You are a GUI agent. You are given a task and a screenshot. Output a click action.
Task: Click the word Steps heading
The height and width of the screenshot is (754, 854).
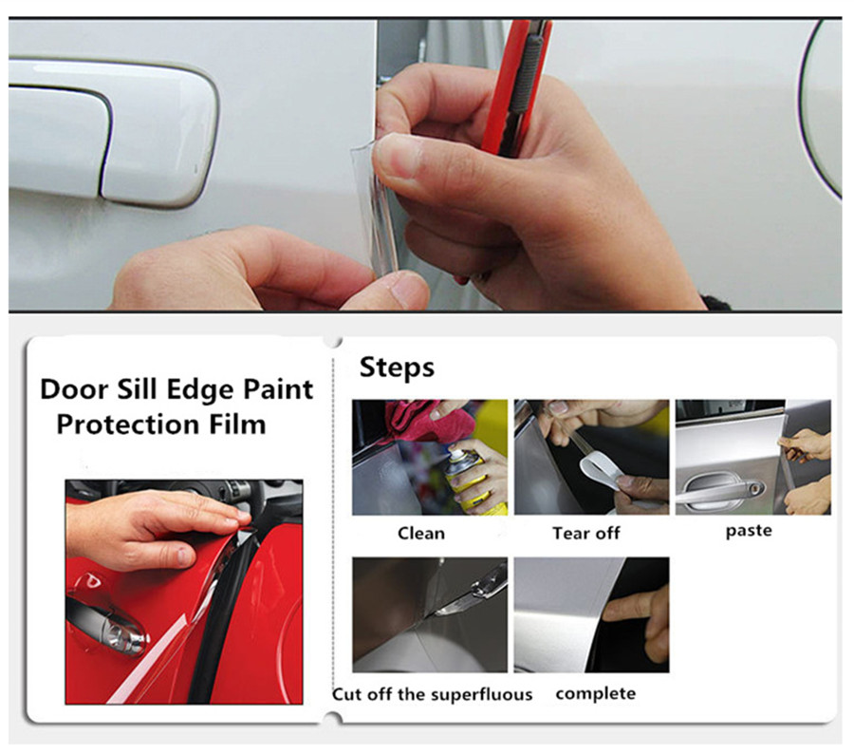point(397,368)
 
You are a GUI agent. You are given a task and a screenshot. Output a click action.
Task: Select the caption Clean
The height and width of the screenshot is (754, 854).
point(420,533)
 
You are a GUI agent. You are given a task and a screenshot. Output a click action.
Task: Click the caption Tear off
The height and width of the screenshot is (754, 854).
point(585,533)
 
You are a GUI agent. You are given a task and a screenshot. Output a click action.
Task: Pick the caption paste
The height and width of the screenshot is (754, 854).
point(749,531)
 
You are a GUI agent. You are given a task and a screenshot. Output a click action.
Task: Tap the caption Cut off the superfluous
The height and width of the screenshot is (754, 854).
point(432,694)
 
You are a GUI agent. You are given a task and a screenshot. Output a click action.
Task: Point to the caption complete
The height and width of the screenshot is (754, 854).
point(595,693)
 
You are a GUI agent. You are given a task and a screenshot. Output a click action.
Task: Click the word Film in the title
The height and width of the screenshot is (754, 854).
point(241,424)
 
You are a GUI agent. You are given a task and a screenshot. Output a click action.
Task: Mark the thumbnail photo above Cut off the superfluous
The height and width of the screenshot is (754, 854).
point(429,614)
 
